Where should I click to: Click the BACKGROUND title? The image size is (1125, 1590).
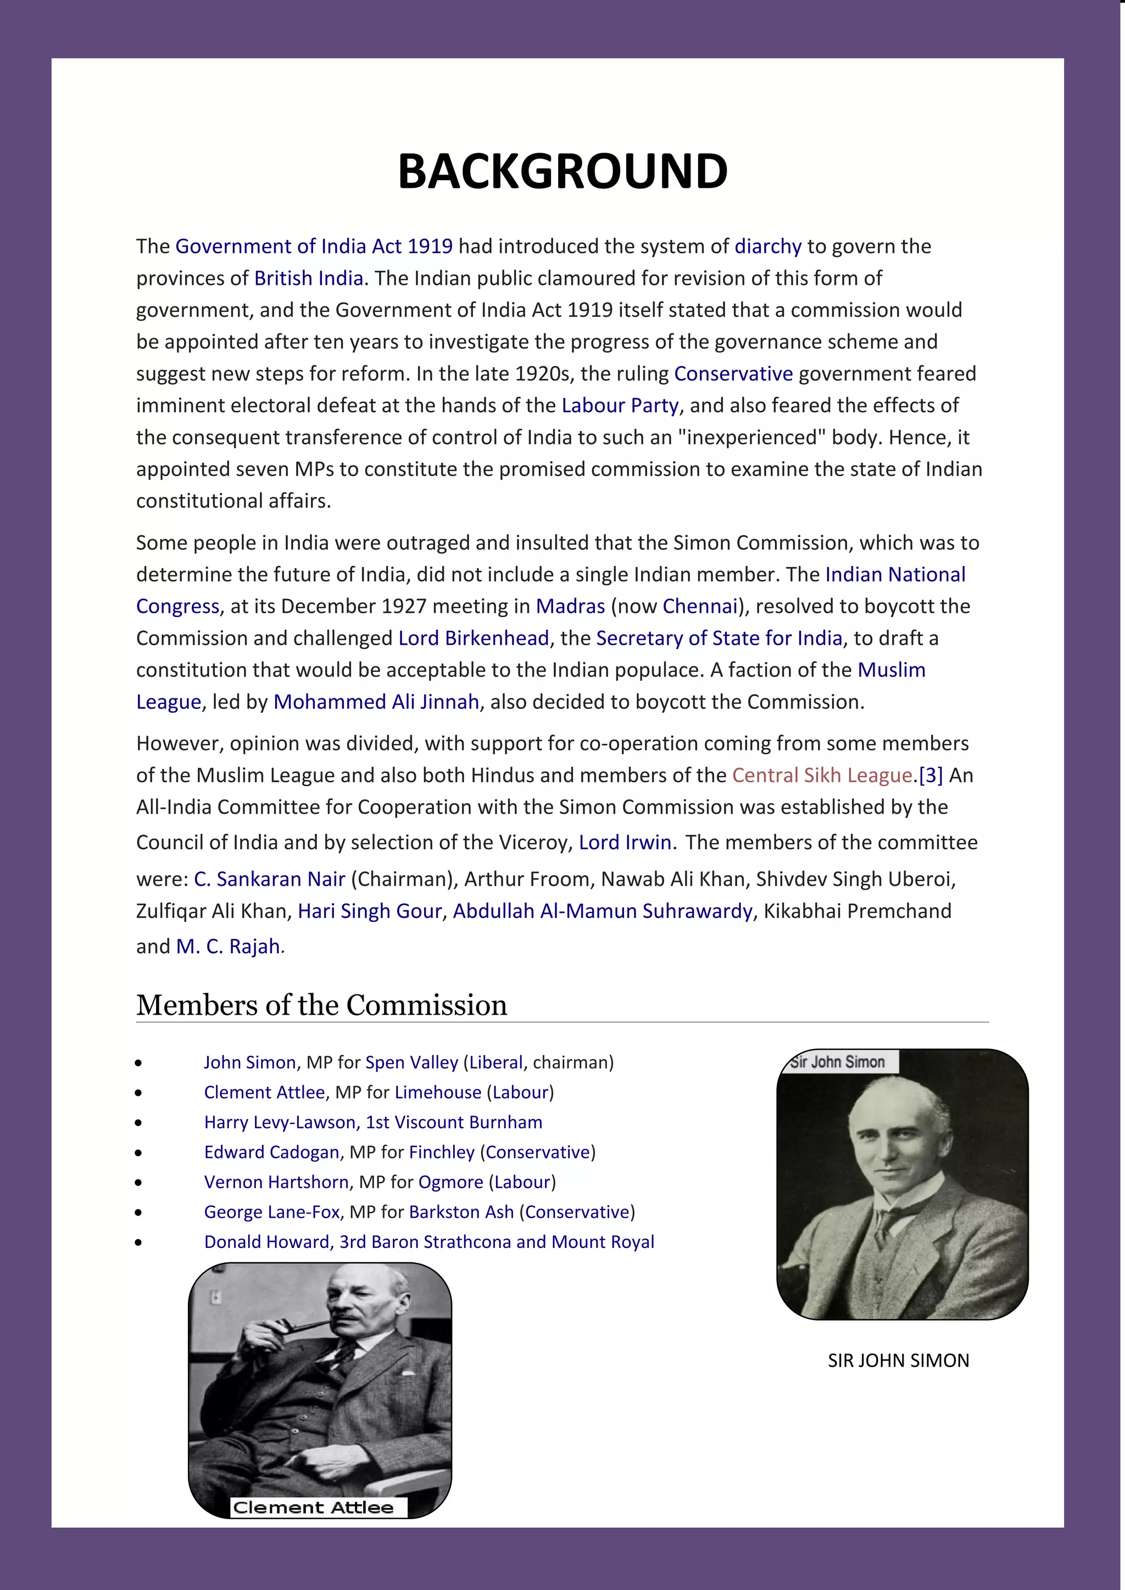(x=562, y=171)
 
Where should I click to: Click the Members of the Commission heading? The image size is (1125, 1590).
(x=321, y=1005)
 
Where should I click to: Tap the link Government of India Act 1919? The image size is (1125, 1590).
(x=314, y=246)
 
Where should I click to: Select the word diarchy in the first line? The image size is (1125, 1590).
(x=767, y=246)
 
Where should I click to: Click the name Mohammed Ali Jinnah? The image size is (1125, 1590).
(x=376, y=702)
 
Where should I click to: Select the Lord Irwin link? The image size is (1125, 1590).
(x=625, y=842)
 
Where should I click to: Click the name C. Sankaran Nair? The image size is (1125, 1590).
(x=270, y=879)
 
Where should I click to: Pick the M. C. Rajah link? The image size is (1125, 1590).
(x=229, y=946)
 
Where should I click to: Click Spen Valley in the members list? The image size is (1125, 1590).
(x=411, y=1062)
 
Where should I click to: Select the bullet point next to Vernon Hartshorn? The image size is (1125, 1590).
(x=138, y=1183)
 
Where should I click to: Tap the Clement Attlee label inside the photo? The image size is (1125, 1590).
(x=313, y=1508)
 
